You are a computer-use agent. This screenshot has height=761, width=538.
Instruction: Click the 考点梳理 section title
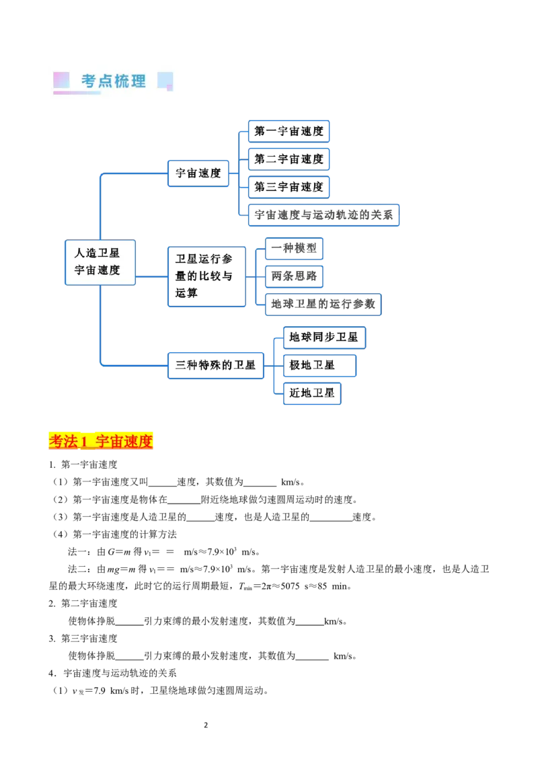click(113, 81)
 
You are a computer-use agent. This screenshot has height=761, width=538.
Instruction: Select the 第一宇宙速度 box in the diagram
click(289, 131)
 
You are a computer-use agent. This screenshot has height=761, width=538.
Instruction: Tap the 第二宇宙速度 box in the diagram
click(289, 159)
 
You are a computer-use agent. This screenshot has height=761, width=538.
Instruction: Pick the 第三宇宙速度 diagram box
click(289, 187)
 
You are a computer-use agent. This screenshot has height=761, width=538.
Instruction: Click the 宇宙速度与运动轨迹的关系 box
click(324, 215)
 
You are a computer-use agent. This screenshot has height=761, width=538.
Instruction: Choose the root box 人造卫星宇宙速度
click(100, 262)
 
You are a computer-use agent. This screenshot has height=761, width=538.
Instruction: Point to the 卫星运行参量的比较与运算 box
click(207, 277)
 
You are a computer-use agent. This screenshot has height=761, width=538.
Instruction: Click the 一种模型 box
click(295, 249)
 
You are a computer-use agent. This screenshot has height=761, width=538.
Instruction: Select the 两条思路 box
click(295, 276)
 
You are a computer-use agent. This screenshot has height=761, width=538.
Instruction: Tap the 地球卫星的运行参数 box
click(323, 305)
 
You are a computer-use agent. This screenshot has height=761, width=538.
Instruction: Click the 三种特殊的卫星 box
click(216, 366)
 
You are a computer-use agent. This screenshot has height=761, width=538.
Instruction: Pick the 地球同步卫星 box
click(324, 337)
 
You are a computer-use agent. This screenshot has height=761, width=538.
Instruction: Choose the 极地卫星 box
click(319, 366)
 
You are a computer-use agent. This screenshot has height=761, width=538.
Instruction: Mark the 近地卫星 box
click(312, 393)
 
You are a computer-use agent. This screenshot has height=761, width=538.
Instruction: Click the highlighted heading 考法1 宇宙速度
click(101, 441)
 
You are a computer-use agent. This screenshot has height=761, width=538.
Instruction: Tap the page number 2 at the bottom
click(206, 725)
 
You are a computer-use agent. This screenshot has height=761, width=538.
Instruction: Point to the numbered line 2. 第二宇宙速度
click(83, 603)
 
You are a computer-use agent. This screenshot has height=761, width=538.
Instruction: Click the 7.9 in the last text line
click(100, 690)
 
